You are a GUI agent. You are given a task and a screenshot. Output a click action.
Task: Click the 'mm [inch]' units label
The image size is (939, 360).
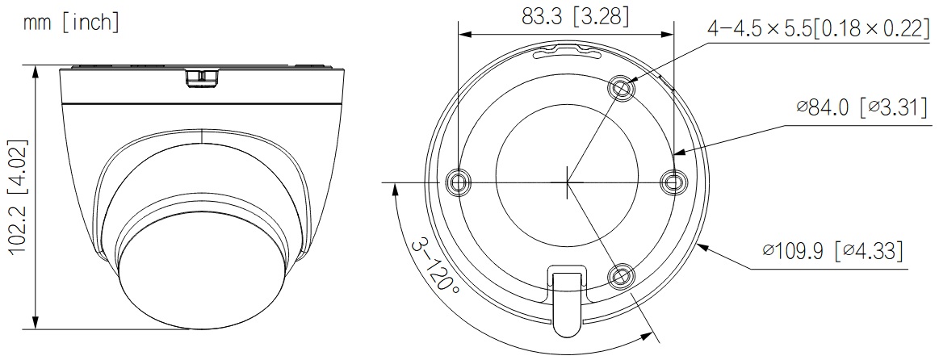pos(71,23)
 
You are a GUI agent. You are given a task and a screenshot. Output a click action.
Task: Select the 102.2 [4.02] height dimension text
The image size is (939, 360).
pos(19,198)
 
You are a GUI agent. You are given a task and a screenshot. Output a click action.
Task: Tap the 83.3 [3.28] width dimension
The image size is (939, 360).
pos(575,17)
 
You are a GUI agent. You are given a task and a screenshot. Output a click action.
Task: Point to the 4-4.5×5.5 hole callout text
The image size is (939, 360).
pos(817,27)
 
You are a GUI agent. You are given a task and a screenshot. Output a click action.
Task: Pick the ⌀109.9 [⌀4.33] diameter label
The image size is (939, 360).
pos(832,250)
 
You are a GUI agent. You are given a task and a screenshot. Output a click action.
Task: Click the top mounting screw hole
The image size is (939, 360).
pos(621,90)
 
